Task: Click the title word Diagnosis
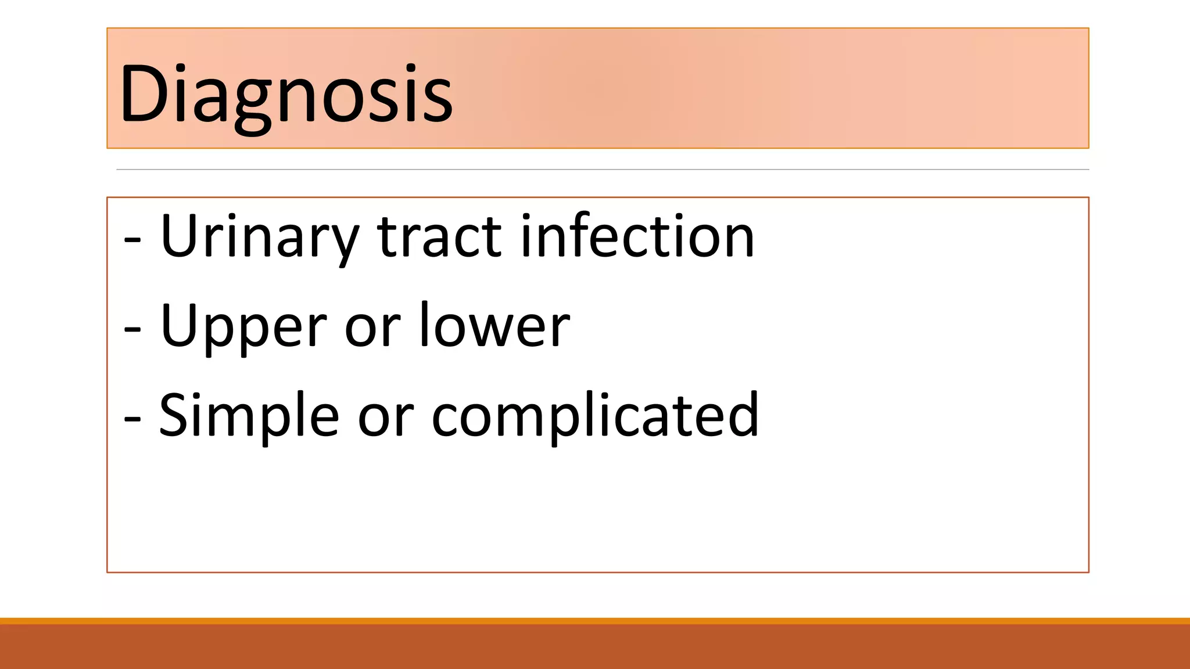click(286, 94)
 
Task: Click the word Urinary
click(259, 237)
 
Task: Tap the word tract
click(439, 237)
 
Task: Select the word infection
click(637, 237)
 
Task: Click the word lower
click(494, 326)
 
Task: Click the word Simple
click(249, 416)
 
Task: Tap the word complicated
click(595, 416)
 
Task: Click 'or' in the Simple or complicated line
click(385, 419)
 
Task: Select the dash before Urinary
click(132, 240)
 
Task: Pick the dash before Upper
click(132, 330)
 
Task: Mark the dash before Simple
click(132, 419)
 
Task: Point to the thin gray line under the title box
click(602, 170)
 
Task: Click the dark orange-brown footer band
click(595, 647)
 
